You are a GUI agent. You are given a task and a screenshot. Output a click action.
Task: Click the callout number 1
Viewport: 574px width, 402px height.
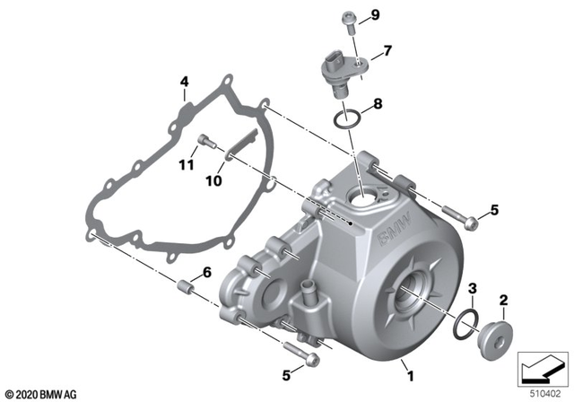coord(412,367)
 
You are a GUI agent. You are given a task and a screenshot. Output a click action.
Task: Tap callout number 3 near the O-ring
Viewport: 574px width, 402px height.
coord(474,287)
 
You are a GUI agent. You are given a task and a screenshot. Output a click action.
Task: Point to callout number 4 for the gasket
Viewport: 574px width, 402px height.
coord(183,83)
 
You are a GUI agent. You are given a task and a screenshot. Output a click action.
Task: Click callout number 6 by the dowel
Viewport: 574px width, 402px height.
coord(206,272)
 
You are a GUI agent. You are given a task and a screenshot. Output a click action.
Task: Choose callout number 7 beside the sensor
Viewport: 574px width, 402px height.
coord(388,51)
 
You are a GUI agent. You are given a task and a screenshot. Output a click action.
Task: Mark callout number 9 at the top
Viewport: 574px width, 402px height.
coord(375,15)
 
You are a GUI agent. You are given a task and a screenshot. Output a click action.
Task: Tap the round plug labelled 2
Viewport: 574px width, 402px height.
coord(495,338)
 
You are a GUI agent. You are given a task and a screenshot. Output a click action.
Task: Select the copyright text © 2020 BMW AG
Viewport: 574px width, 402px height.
coord(41,393)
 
